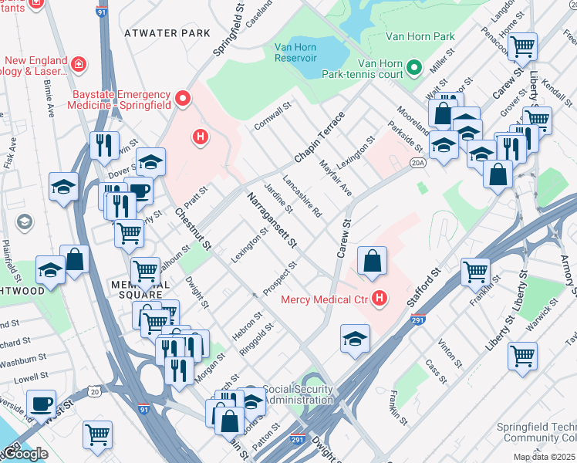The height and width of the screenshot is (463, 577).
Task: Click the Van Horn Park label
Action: tap(420, 36)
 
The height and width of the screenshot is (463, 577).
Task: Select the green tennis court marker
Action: tap(413, 68)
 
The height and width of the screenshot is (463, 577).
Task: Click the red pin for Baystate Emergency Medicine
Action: tap(183, 98)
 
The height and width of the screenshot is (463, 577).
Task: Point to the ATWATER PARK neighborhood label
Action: tap(166, 33)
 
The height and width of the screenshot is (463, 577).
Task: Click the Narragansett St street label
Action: tap(272, 221)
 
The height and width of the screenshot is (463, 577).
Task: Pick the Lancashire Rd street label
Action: tap(302, 198)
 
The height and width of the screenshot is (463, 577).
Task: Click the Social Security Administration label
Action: tap(298, 394)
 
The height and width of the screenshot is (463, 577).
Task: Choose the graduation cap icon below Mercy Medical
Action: tap(355, 339)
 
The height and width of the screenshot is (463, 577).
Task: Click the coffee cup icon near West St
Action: tap(41, 404)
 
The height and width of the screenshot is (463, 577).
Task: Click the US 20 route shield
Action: tap(94, 392)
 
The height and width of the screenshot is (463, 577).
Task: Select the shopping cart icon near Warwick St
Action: tap(523, 357)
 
